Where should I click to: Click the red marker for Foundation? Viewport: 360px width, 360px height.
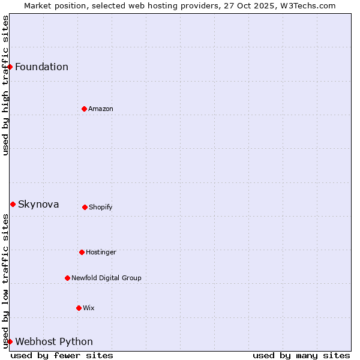coord(10,67)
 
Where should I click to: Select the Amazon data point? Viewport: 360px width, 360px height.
coord(84,109)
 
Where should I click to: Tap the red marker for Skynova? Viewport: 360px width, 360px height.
coord(13,205)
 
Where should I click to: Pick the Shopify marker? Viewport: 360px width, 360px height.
coord(85,207)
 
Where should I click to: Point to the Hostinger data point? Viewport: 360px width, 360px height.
coord(82,252)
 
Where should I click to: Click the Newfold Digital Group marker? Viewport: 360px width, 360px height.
coord(67,278)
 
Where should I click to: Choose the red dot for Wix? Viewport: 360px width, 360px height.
coord(79,308)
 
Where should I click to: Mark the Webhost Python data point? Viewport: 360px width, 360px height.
coord(10,341)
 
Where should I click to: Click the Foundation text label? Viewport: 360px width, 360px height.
coord(41,67)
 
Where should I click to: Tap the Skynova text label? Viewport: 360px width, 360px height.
coord(38,205)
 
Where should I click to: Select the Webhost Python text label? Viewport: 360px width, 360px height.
coord(54,342)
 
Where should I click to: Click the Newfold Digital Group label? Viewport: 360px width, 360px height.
coord(106,278)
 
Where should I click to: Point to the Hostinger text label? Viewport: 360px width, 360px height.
coord(101,252)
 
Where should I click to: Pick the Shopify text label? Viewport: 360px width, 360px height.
coord(100,207)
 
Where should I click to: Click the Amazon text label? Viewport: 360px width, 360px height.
coord(100,109)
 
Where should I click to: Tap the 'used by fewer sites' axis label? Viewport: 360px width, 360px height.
coord(62,355)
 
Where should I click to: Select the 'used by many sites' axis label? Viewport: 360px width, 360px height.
coord(301,355)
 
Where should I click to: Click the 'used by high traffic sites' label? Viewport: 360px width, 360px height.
coord(5,86)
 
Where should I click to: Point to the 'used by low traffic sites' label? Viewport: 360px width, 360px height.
coord(5,281)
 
